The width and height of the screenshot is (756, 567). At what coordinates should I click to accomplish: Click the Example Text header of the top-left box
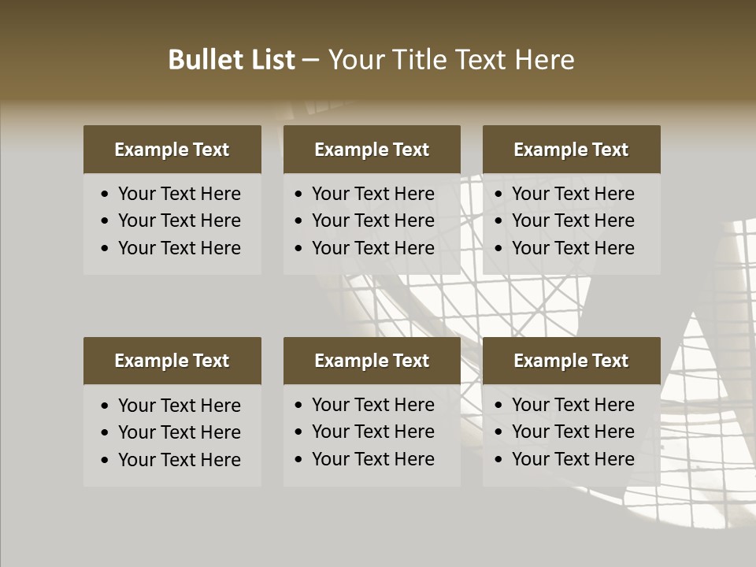(x=172, y=150)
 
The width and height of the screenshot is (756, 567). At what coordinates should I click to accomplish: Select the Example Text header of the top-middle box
(x=372, y=150)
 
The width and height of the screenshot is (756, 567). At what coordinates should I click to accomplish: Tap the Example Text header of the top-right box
(x=571, y=150)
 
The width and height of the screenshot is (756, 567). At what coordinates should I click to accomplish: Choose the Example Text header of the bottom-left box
(x=172, y=361)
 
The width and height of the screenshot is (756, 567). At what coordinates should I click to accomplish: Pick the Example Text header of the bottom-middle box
(x=372, y=361)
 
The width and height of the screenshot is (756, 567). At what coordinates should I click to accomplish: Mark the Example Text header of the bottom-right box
(x=571, y=361)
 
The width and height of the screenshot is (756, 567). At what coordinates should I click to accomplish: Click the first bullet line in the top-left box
(x=179, y=194)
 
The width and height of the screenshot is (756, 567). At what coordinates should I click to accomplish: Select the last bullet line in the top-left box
(x=179, y=248)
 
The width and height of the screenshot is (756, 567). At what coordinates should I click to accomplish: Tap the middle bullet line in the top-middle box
(x=372, y=220)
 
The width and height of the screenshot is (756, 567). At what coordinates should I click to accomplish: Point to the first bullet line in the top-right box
(x=573, y=194)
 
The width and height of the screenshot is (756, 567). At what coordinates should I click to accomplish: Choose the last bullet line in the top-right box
(x=573, y=248)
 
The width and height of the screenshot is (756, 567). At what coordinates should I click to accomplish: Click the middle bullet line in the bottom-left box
(x=179, y=432)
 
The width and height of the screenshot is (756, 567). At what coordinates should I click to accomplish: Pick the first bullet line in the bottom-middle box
(x=372, y=405)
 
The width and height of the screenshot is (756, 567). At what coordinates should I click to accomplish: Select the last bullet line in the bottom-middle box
(x=372, y=459)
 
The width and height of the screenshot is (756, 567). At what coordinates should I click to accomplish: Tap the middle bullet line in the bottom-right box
(x=573, y=432)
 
